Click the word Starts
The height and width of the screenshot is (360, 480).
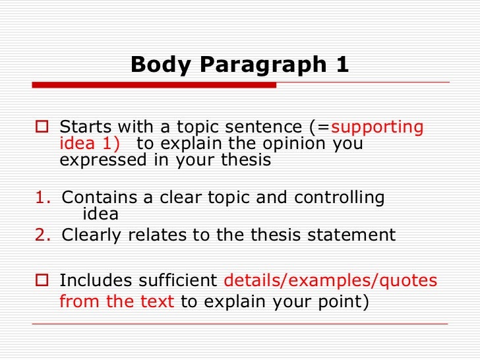coord(82,127)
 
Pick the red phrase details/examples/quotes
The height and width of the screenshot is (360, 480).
coord(330,281)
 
